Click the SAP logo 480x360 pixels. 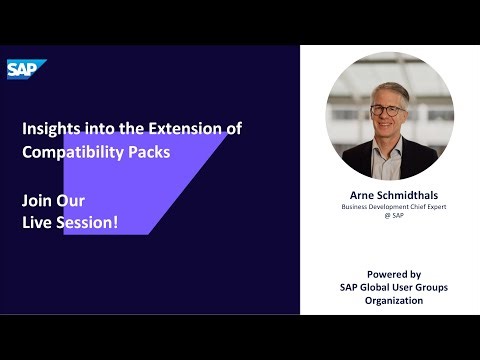(20, 69)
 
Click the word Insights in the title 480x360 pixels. (49, 129)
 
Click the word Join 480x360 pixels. (38, 200)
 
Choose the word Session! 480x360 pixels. (87, 221)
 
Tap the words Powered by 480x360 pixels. (393, 273)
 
